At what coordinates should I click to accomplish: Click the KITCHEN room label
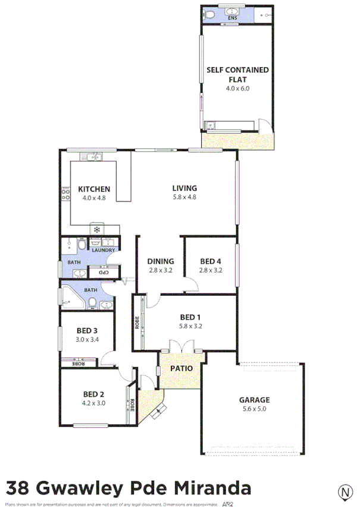click(x=94, y=189)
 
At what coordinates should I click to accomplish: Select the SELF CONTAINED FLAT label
click(x=237, y=74)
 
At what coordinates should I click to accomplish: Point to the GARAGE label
click(x=255, y=400)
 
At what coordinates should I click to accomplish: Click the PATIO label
click(x=181, y=368)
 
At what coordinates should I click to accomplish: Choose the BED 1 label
click(x=190, y=317)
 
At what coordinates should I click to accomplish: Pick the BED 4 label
click(x=210, y=261)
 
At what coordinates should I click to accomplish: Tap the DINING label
click(x=161, y=261)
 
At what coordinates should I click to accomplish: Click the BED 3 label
click(x=87, y=331)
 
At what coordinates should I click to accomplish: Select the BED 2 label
click(x=94, y=394)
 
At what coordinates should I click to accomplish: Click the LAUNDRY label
click(x=103, y=250)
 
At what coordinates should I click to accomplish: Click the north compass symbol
click(x=344, y=492)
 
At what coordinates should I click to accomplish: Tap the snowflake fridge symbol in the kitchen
click(x=95, y=229)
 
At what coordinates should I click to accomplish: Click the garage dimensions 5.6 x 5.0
click(x=255, y=409)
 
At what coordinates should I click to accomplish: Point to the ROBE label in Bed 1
click(x=137, y=322)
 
